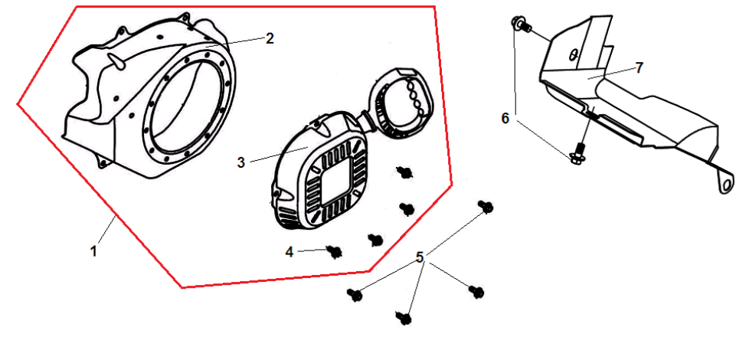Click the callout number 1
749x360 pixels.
[94, 250]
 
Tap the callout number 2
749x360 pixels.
[270, 38]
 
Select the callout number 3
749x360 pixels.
[240, 162]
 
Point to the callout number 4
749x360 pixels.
[289, 251]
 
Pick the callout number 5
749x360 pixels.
[420, 257]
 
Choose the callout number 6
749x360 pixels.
[505, 118]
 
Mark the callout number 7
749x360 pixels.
[639, 68]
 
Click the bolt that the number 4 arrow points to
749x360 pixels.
[335, 252]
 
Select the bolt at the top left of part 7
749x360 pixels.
[521, 24]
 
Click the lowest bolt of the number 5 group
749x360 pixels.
[404, 318]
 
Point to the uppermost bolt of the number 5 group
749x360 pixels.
[486, 208]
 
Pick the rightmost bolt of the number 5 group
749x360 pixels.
[476, 291]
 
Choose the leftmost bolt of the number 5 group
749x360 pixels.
[355, 295]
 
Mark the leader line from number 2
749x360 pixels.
[238, 41]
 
